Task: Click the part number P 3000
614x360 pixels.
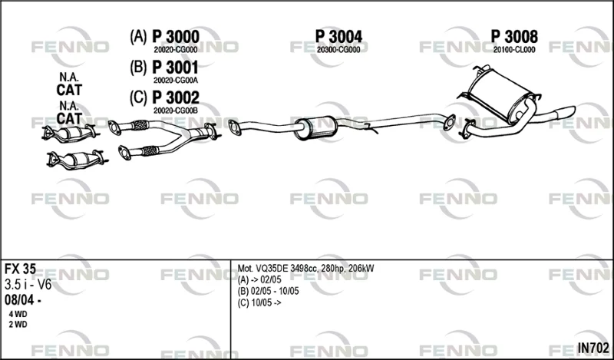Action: tap(176, 37)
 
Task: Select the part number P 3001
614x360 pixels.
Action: tap(175, 68)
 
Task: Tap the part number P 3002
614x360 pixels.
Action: tap(176, 97)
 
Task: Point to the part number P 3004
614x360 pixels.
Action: tap(338, 37)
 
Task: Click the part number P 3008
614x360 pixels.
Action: tap(514, 37)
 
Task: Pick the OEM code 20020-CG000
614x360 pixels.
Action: tap(176, 50)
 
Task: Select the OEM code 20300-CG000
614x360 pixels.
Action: tap(338, 50)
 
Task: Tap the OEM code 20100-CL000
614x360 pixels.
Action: tap(514, 50)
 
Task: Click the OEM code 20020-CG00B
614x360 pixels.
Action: tap(176, 111)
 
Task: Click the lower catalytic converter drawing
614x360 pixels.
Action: tap(76, 160)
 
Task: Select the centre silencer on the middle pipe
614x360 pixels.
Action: tap(315, 127)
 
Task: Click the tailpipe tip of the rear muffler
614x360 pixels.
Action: tap(566, 111)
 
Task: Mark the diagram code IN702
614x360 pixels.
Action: tap(593, 348)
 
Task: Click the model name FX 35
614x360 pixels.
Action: tap(20, 269)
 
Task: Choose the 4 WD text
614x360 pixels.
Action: tap(18, 314)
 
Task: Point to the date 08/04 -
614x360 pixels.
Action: tap(23, 300)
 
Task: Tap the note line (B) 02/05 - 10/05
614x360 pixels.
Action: tap(268, 291)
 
